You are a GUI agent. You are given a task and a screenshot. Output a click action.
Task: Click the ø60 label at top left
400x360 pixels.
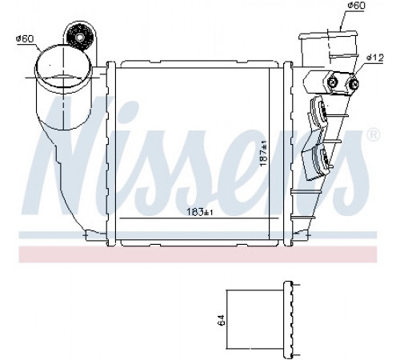pos(25,39)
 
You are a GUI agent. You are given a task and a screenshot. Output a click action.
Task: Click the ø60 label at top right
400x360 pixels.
pos(356,6)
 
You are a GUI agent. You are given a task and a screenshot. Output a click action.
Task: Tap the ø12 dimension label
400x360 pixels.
pos(375,58)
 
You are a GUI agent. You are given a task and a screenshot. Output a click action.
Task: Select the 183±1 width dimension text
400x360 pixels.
pos(200,212)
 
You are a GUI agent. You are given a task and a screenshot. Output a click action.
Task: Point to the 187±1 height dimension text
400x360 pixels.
pos(264,154)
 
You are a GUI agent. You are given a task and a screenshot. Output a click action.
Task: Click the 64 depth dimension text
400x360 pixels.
pos(222,319)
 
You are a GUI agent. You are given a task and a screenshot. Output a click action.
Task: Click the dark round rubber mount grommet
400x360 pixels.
pos(79,37)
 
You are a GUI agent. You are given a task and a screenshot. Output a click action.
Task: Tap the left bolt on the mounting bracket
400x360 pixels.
pos(332,82)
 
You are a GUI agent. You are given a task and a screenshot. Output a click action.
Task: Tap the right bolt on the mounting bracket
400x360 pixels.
pos(354,84)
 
